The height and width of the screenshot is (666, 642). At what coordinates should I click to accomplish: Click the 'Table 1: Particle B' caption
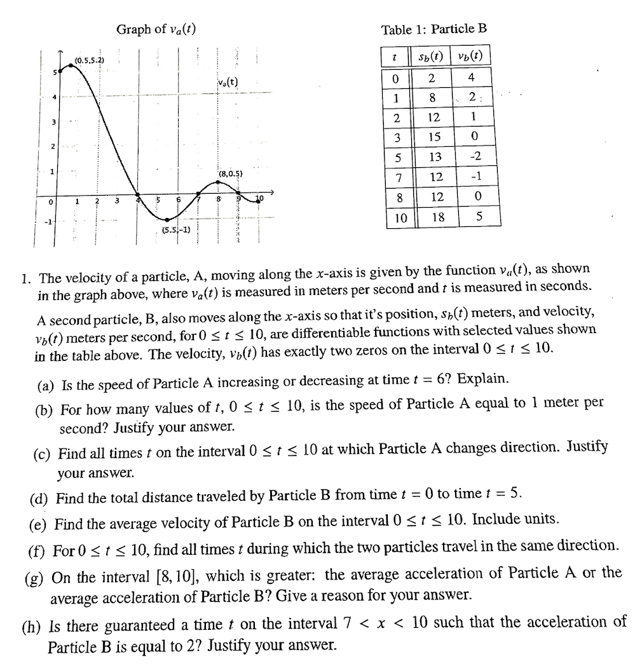click(x=434, y=29)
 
